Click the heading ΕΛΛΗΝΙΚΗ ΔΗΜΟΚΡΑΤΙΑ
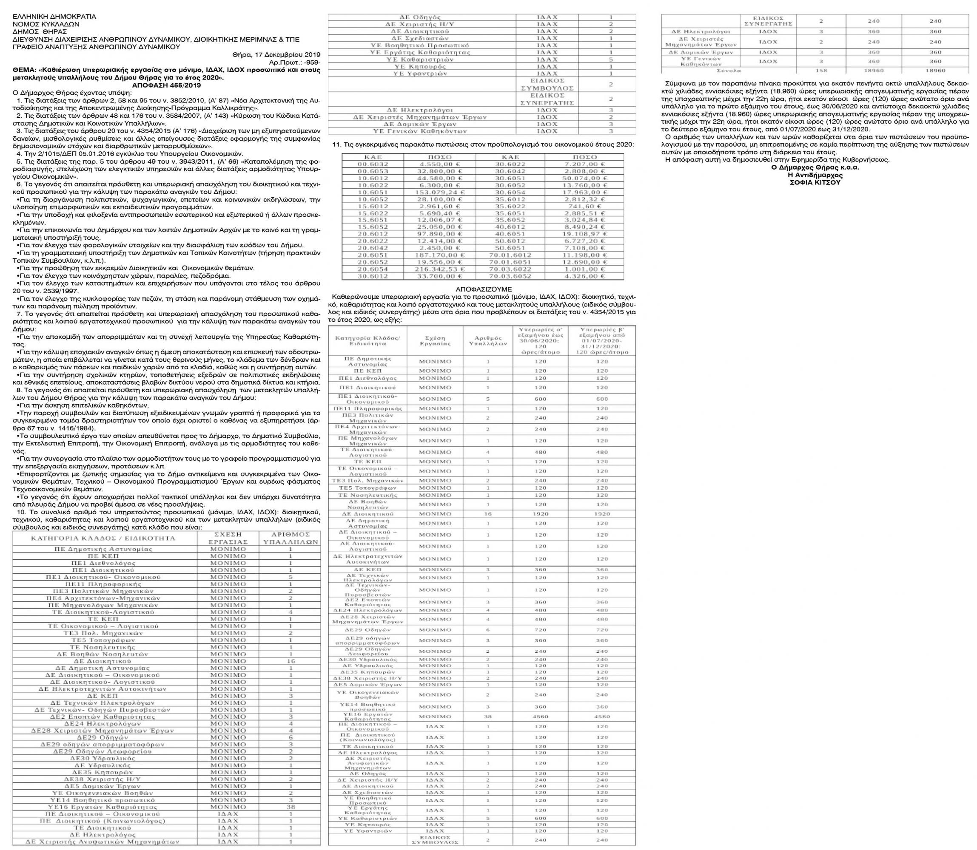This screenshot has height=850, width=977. pyautogui.click(x=54, y=17)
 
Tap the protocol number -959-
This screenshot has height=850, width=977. pyautogui.click(x=311, y=62)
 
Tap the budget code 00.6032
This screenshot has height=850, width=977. pyautogui.click(x=373, y=164)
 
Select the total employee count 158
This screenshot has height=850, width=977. pyautogui.click(x=821, y=70)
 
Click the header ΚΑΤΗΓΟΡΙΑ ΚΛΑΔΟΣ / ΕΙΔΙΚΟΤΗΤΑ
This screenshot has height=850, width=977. pyautogui.click(x=103, y=538)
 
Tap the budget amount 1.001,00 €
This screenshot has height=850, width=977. pyautogui.click(x=584, y=269)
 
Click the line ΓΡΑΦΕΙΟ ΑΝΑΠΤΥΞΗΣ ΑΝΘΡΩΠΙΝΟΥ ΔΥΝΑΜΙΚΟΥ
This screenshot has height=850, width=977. pyautogui.click(x=97, y=47)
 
